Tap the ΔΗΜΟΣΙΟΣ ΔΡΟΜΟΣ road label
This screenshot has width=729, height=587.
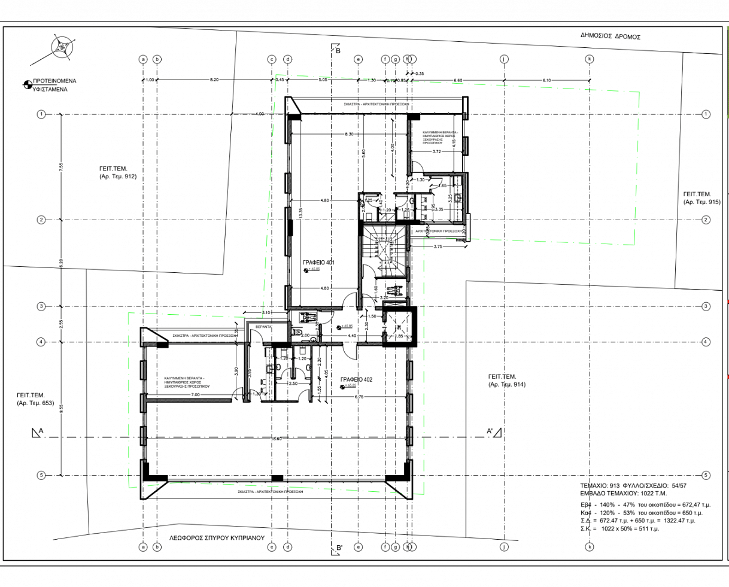(610, 37)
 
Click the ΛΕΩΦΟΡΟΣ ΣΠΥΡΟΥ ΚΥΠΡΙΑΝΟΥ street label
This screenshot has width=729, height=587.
(216, 538)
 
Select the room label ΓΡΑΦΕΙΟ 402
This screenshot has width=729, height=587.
(356, 379)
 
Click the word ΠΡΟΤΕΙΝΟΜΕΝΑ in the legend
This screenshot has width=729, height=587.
(54, 80)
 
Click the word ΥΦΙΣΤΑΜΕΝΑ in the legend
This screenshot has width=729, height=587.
(50, 89)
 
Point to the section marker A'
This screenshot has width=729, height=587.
(490, 431)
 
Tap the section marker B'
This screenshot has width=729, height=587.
(339, 547)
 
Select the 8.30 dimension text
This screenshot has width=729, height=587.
(349, 135)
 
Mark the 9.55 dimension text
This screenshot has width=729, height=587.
(61, 409)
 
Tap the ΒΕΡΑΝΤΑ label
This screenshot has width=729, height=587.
(263, 327)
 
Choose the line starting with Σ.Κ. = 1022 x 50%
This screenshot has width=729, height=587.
(619, 529)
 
